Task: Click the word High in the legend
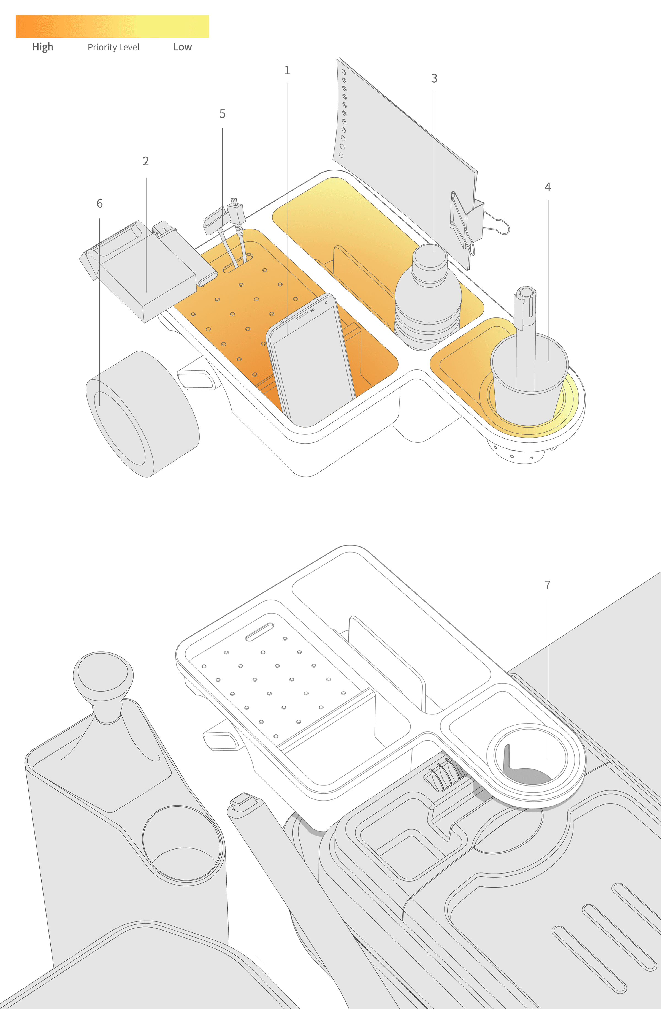(x=43, y=47)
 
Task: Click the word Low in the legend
(x=182, y=47)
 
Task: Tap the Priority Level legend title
(x=113, y=47)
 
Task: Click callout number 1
(x=287, y=70)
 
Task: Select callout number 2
(x=145, y=161)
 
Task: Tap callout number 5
(x=222, y=114)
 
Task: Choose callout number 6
(x=100, y=203)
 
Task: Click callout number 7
(x=547, y=585)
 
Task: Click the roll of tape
(x=142, y=413)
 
